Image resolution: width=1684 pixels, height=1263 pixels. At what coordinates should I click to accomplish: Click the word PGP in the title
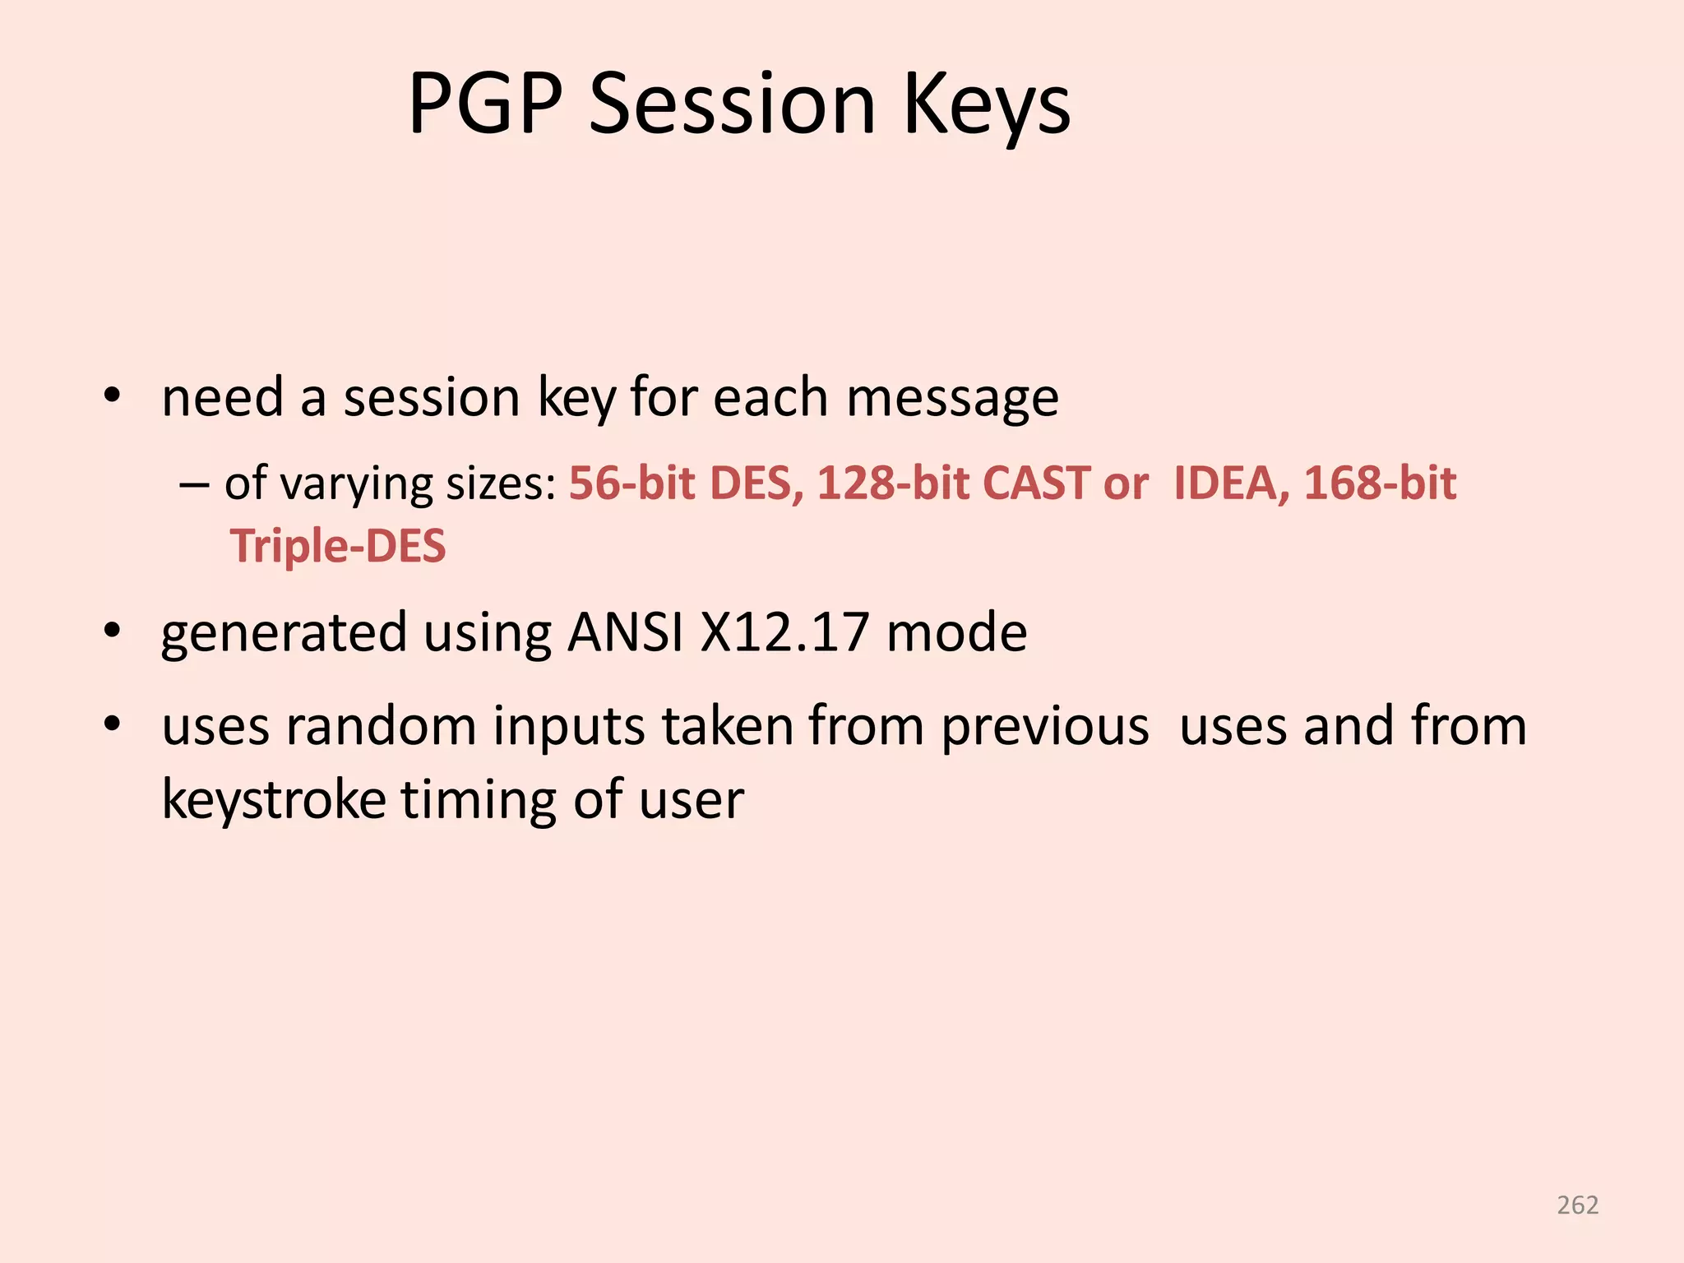coord(484,104)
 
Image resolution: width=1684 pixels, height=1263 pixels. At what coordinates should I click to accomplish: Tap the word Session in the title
coord(733,104)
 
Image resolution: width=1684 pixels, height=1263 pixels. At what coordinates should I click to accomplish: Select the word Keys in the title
coord(987,104)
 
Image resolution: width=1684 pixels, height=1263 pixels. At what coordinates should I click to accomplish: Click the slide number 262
coord(1577,1205)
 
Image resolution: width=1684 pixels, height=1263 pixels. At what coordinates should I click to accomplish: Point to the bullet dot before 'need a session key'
coord(113,397)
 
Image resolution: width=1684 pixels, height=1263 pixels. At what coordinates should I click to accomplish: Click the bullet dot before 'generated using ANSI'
coord(113,631)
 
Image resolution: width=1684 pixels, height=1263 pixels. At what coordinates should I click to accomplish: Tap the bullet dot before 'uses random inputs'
coord(113,725)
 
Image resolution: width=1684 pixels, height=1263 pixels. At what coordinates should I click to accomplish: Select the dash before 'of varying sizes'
coord(193,484)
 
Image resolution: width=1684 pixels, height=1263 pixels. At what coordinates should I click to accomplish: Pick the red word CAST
coord(1036,483)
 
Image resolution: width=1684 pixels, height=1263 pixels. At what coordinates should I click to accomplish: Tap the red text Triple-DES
coord(338,546)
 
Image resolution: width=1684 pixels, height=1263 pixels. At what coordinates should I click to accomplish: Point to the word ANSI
coord(625,631)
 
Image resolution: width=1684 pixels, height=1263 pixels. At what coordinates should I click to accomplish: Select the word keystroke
coord(274,799)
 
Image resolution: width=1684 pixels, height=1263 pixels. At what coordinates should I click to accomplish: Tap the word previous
coord(1044,727)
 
